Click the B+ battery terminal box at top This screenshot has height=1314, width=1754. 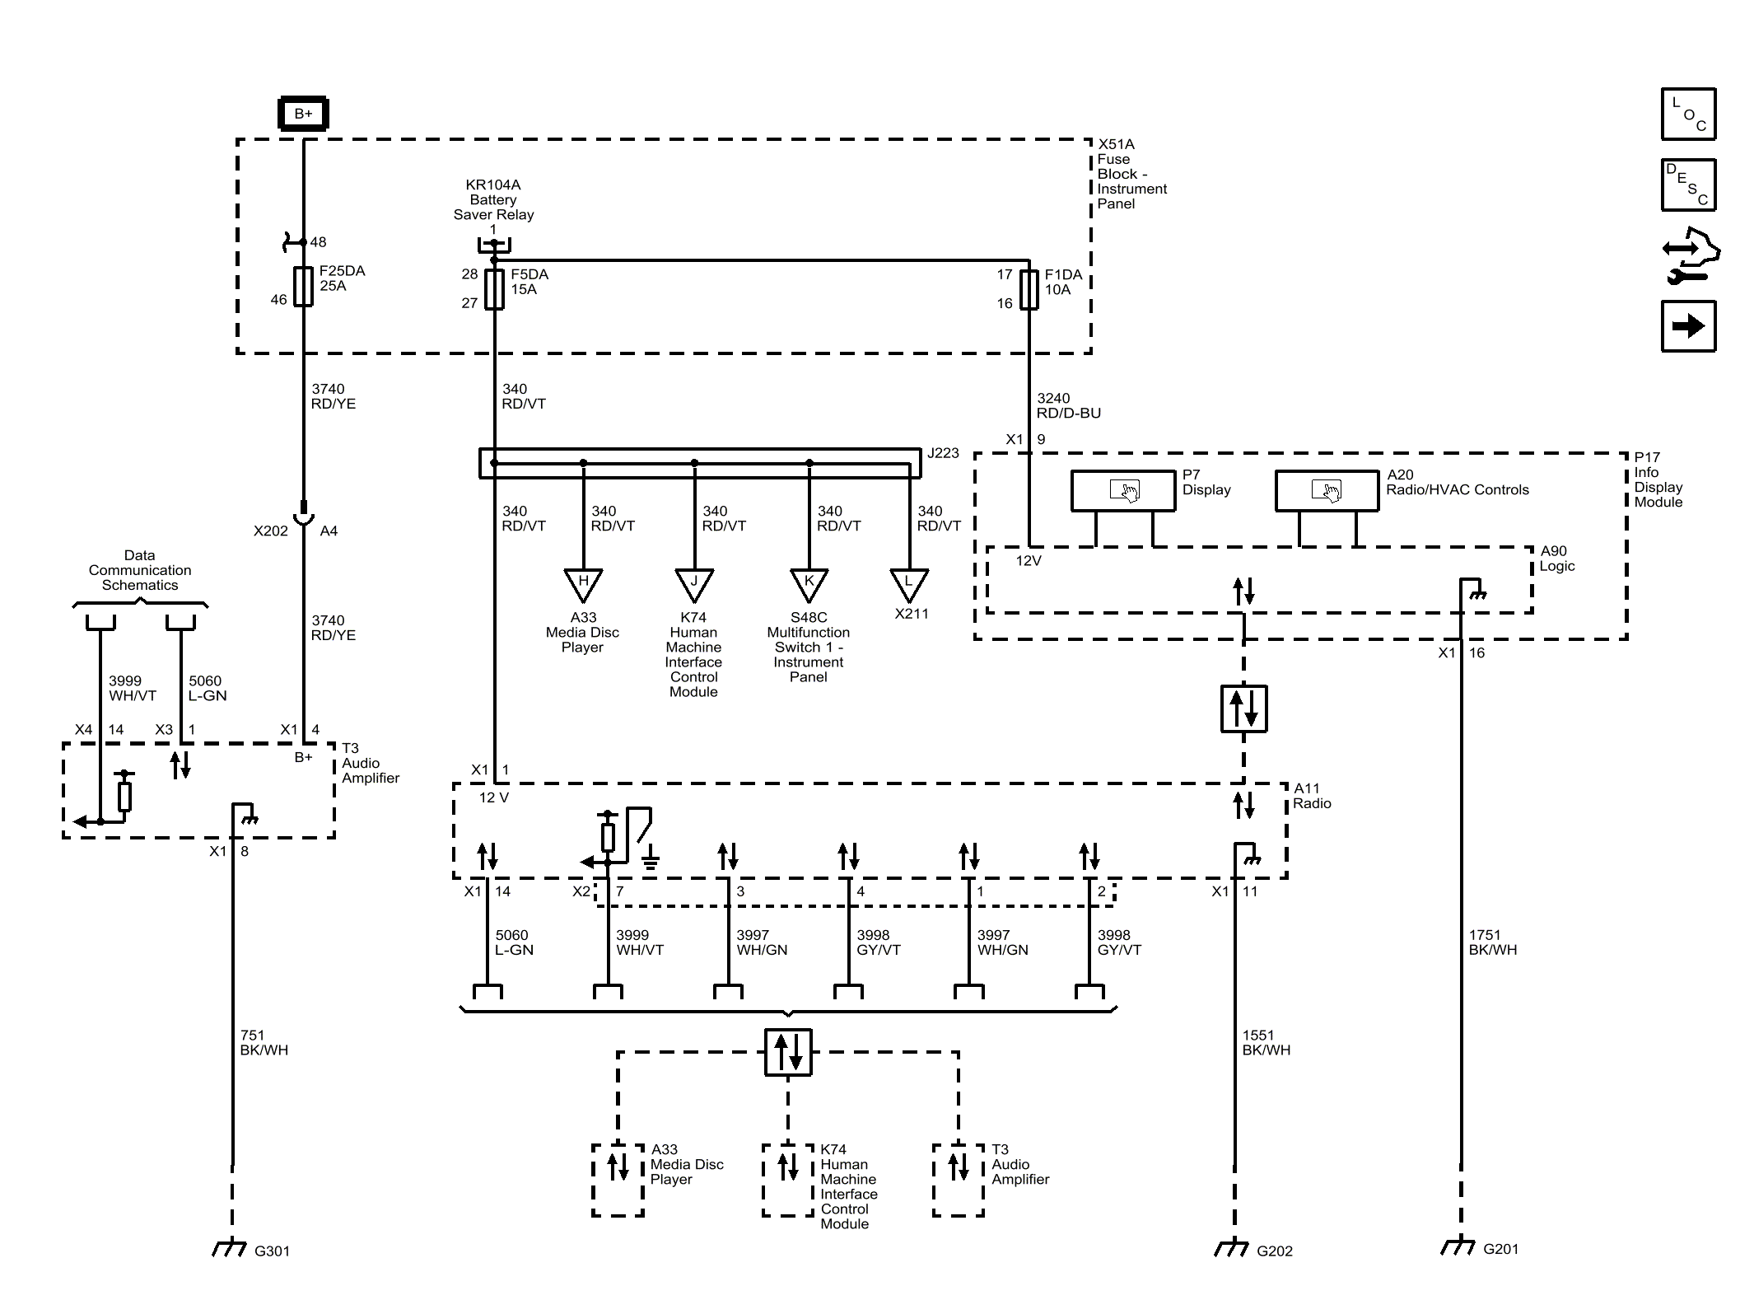click(x=303, y=114)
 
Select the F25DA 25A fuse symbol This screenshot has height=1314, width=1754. click(x=304, y=286)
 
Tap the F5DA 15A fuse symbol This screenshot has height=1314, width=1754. click(x=494, y=289)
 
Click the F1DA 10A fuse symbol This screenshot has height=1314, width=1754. click(x=1029, y=289)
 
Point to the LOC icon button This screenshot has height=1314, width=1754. click(x=1688, y=114)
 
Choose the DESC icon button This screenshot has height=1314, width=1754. click(x=1688, y=185)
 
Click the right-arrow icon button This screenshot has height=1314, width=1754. click(x=1688, y=326)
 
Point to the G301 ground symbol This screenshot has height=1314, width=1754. click(x=230, y=1247)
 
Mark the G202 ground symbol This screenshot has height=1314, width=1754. click(x=1232, y=1247)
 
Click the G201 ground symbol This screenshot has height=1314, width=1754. click(x=1459, y=1246)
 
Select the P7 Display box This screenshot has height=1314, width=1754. click(x=1123, y=491)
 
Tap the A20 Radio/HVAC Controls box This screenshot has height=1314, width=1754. click(x=1327, y=491)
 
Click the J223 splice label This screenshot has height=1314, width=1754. click(x=943, y=453)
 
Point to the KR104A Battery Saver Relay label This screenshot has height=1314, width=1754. click(x=493, y=199)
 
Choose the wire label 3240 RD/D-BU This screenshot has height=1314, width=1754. click(x=1069, y=405)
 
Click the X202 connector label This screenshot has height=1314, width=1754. click(x=271, y=531)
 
